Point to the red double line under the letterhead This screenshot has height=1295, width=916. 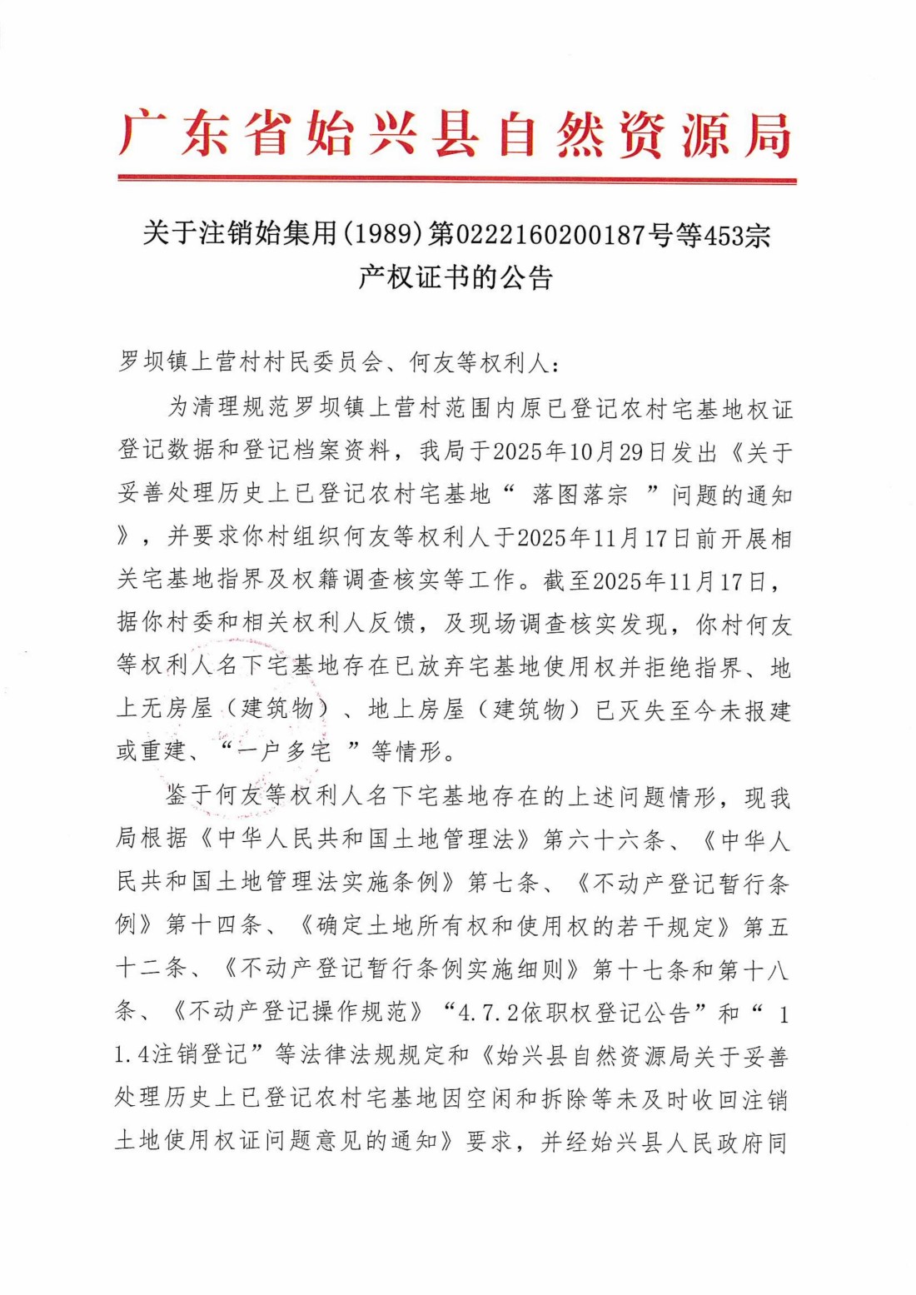(x=456, y=179)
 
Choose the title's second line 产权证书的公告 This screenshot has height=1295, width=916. (x=456, y=277)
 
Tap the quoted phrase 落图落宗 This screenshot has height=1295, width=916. (x=580, y=494)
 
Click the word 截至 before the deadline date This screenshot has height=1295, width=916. (x=567, y=580)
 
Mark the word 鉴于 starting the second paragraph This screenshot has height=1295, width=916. (x=190, y=796)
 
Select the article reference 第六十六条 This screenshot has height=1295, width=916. (x=604, y=839)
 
